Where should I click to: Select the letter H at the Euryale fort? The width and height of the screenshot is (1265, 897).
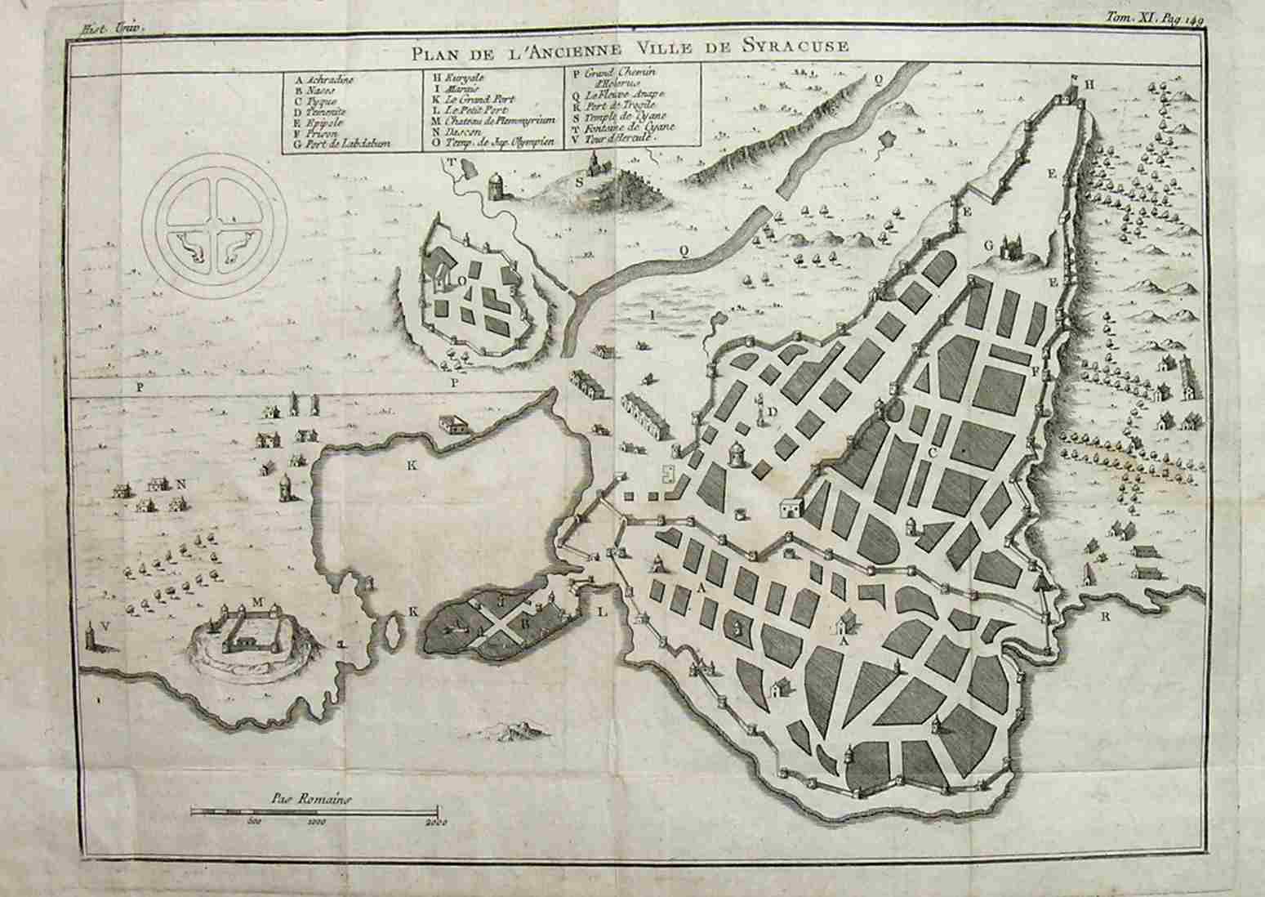pos(1089,84)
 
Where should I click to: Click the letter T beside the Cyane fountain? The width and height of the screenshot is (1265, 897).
pos(448,161)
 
